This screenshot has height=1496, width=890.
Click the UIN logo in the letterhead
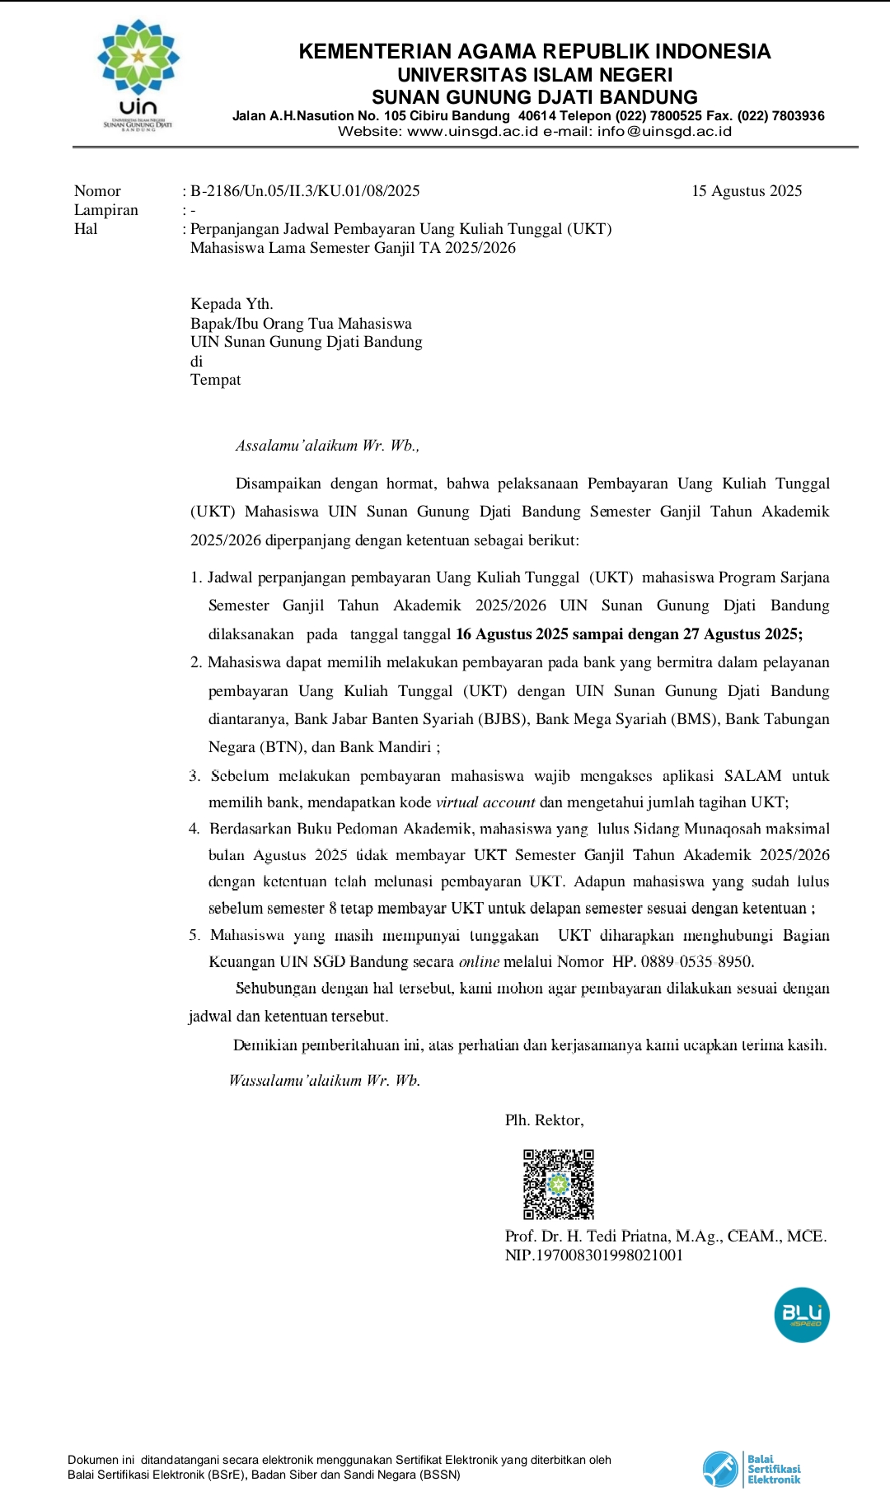(x=138, y=74)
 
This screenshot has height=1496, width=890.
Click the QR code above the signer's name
(x=558, y=1184)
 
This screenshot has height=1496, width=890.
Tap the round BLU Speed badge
(x=801, y=1315)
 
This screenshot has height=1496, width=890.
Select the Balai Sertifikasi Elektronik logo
(x=752, y=1469)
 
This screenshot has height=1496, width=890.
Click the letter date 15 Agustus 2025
(x=747, y=191)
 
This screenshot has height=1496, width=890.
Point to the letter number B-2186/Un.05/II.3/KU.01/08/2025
(x=305, y=191)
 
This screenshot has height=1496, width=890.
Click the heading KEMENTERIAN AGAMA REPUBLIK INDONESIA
(x=534, y=51)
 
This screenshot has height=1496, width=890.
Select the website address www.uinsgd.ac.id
(x=472, y=131)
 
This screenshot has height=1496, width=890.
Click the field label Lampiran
(x=106, y=210)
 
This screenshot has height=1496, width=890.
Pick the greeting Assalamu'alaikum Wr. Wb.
(x=327, y=446)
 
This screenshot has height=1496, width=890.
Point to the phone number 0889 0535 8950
(x=697, y=961)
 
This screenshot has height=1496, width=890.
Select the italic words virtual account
(x=485, y=802)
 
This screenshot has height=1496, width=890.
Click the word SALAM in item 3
(x=752, y=776)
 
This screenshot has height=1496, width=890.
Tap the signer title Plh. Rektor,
(x=544, y=1120)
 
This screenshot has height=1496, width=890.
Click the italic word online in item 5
(x=479, y=961)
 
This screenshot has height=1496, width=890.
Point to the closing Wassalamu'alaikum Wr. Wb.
(x=325, y=1081)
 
